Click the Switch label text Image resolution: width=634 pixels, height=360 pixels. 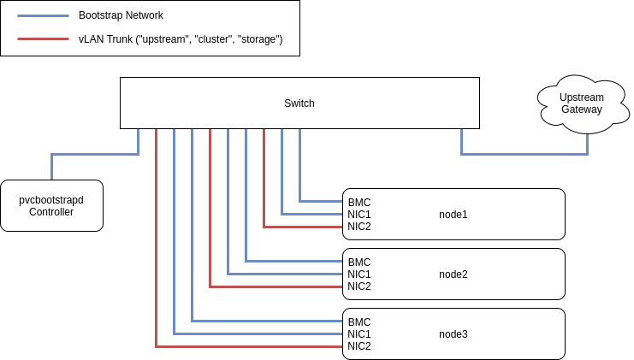coord(299,103)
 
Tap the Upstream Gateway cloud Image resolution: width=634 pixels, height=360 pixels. coord(581,103)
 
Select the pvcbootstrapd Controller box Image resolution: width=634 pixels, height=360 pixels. coord(51,205)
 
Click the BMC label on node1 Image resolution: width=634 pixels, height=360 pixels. coord(358,203)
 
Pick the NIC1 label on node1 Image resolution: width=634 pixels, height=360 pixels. coord(358,215)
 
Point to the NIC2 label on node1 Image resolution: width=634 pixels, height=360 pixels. coord(358,227)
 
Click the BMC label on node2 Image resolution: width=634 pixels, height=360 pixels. coord(358,263)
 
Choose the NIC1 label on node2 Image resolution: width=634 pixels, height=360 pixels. coord(358,274)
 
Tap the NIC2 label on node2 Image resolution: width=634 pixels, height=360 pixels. coord(358,286)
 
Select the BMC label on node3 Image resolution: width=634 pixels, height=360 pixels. coord(358,322)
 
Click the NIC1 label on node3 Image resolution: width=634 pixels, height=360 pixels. coord(358,334)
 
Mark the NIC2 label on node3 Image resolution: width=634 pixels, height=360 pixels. coord(358,346)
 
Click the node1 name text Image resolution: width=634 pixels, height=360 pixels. coord(453,215)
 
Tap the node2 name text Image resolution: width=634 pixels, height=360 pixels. coord(453,274)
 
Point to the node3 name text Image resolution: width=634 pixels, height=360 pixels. coord(453,334)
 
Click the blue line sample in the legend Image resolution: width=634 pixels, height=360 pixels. coord(43,15)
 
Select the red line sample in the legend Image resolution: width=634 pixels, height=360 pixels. coord(43,39)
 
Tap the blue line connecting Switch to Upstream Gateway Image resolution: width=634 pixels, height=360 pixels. coord(524,154)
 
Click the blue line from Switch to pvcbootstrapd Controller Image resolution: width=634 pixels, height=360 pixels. coord(94,154)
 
